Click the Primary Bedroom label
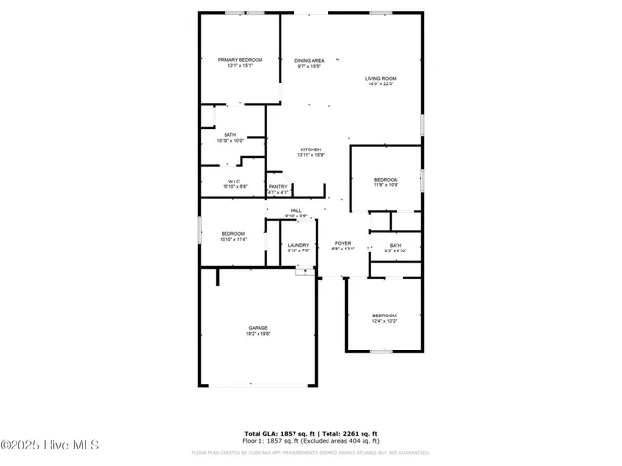[239, 60]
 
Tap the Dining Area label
[310, 61]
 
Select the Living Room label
[381, 78]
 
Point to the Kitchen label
[310, 150]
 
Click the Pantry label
[278, 186]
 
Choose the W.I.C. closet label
[234, 181]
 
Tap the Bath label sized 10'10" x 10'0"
[229, 135]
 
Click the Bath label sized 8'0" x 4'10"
[396, 246]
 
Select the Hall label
[295, 210]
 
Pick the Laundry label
[297, 245]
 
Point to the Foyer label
[343, 243]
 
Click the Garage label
[258, 328]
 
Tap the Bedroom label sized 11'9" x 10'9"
[386, 180]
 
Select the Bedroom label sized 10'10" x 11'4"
[233, 233]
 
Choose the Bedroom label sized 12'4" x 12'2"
[384, 316]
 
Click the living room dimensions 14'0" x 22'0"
[381, 84]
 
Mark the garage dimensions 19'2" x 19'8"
[258, 334]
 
